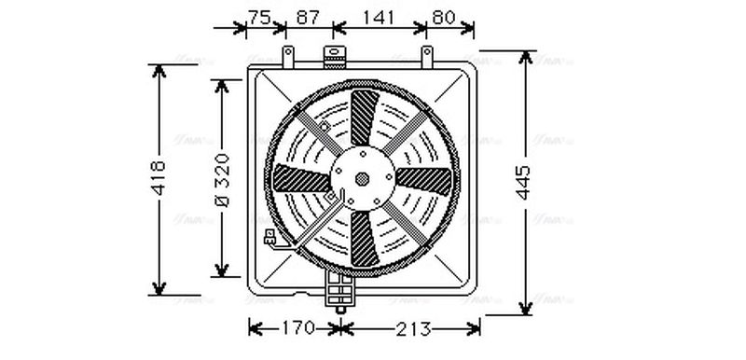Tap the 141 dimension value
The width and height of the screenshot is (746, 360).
(379, 17)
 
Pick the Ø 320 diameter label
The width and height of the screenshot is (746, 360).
(221, 177)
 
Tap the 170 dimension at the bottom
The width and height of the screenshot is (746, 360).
(296, 328)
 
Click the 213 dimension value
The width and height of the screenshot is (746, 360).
(410, 328)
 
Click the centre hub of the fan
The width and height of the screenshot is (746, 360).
(362, 178)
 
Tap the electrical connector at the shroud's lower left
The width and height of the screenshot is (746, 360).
(270, 240)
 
